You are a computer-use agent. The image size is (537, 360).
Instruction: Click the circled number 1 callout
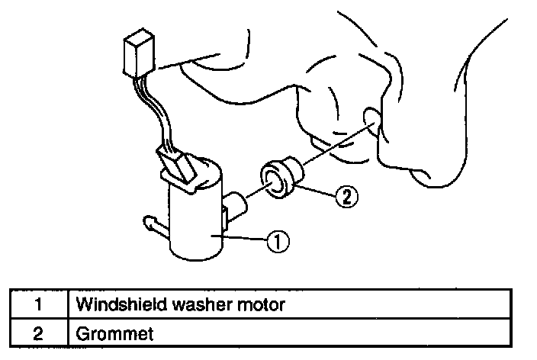(276, 242)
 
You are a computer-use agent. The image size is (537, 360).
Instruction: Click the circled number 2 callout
(345, 195)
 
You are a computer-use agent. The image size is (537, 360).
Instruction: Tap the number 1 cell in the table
(37, 305)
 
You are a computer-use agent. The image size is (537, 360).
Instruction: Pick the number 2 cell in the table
(37, 333)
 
